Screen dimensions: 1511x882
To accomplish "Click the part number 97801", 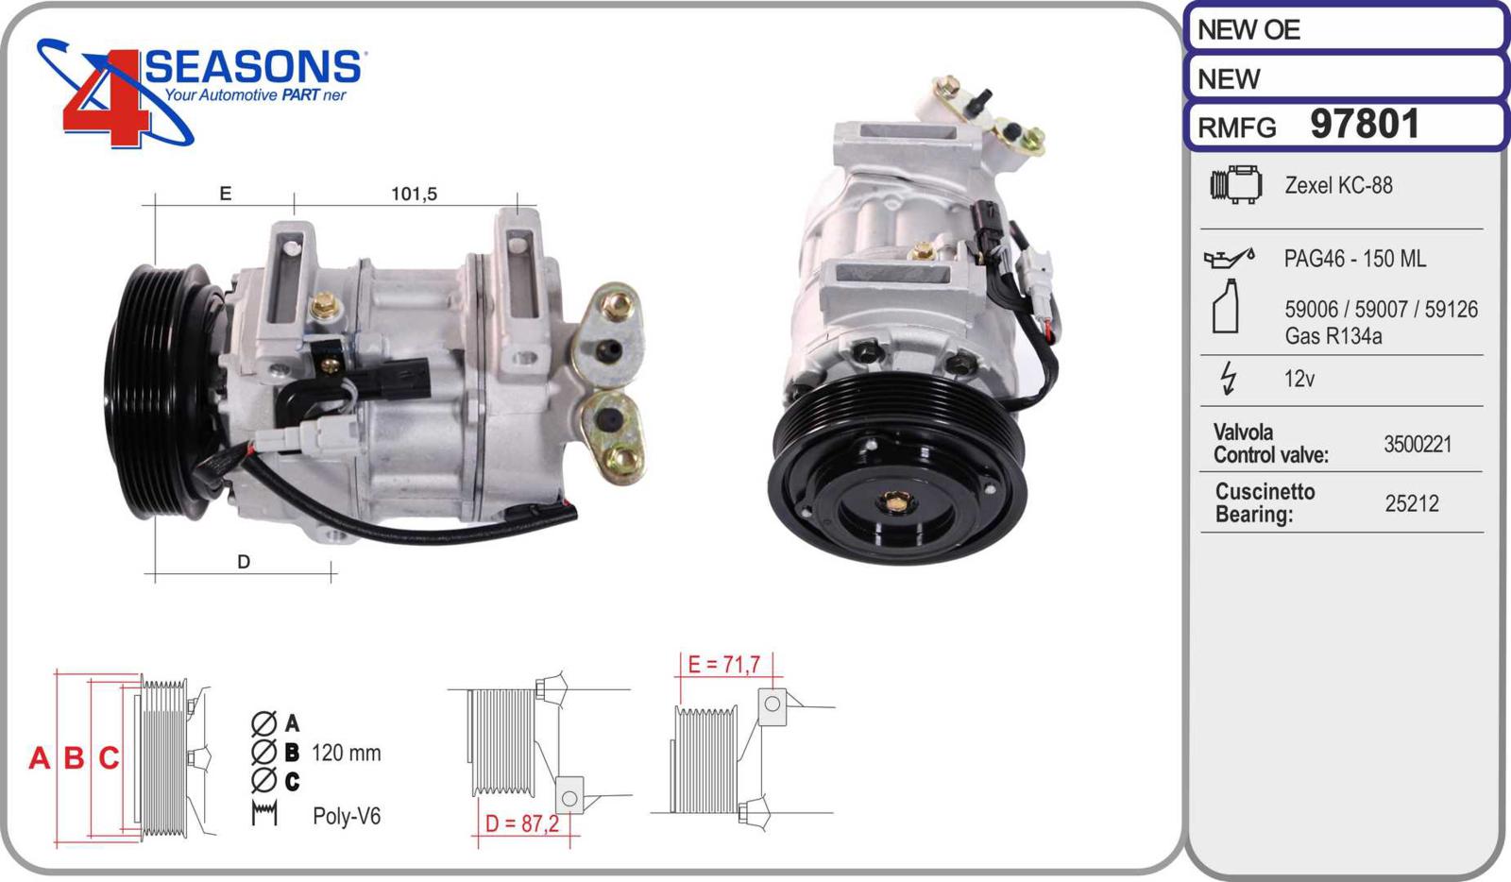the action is [1365, 124].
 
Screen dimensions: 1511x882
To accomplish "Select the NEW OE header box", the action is [1347, 29].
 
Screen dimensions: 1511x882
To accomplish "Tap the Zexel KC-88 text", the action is [1338, 185].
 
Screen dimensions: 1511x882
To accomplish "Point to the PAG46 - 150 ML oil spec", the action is [1354, 258].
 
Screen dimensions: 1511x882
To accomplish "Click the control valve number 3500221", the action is [1418, 445].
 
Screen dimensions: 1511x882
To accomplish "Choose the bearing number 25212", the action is [1412, 503].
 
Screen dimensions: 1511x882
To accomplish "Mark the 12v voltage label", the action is [1299, 379].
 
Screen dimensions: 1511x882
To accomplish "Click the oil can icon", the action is [1229, 258].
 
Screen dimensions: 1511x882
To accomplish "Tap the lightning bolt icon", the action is [1229, 378].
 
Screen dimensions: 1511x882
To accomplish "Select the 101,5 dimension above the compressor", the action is [415, 195].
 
